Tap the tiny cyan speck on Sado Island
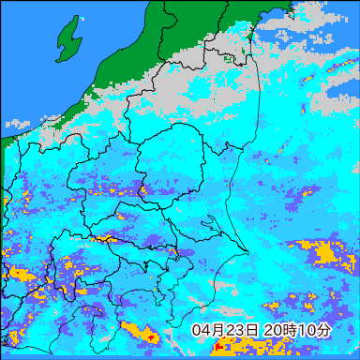pos(82,18)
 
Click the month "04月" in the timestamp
pos(208,331)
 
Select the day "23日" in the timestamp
pos(243,331)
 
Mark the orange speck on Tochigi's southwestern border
pos(142,192)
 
